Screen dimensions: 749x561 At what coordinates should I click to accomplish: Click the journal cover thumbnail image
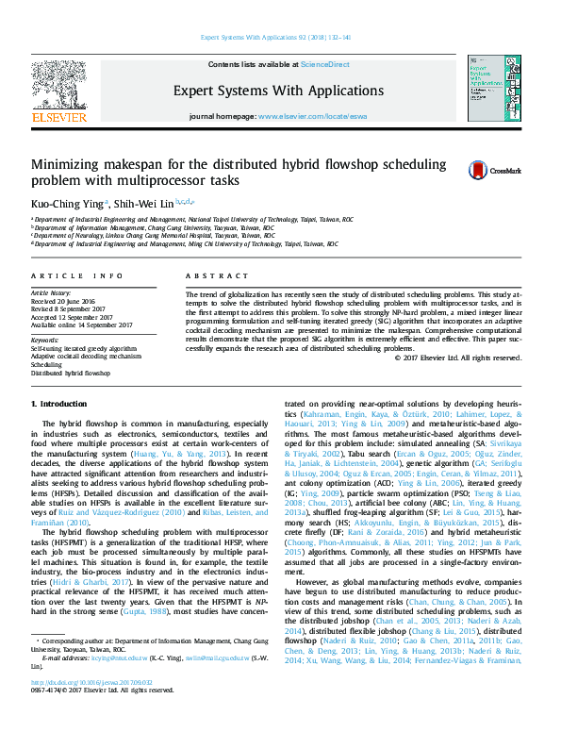[x=488, y=92]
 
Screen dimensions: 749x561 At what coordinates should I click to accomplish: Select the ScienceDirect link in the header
[x=324, y=64]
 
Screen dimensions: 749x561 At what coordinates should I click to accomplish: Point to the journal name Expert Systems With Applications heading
[x=278, y=91]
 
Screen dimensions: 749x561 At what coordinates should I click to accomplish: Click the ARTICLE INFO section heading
[x=77, y=275]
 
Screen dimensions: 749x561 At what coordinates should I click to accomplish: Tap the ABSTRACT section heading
[x=208, y=275]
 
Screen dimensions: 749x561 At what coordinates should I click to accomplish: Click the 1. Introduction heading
[x=62, y=403]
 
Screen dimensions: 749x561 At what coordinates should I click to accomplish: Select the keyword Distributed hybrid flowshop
[x=72, y=374]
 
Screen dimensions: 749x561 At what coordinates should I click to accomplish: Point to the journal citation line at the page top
[x=280, y=38]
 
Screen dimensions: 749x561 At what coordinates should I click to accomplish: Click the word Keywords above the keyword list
[x=45, y=339]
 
